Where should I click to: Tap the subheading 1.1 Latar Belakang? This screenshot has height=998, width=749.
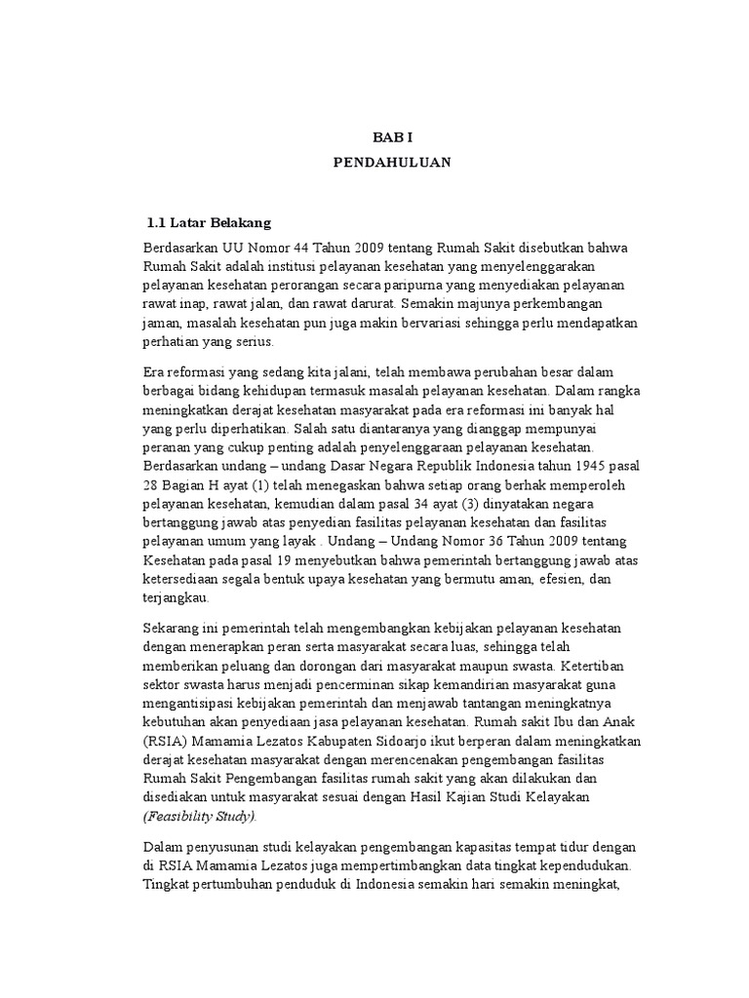click(x=208, y=223)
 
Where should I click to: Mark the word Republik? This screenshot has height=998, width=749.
click(x=434, y=466)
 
